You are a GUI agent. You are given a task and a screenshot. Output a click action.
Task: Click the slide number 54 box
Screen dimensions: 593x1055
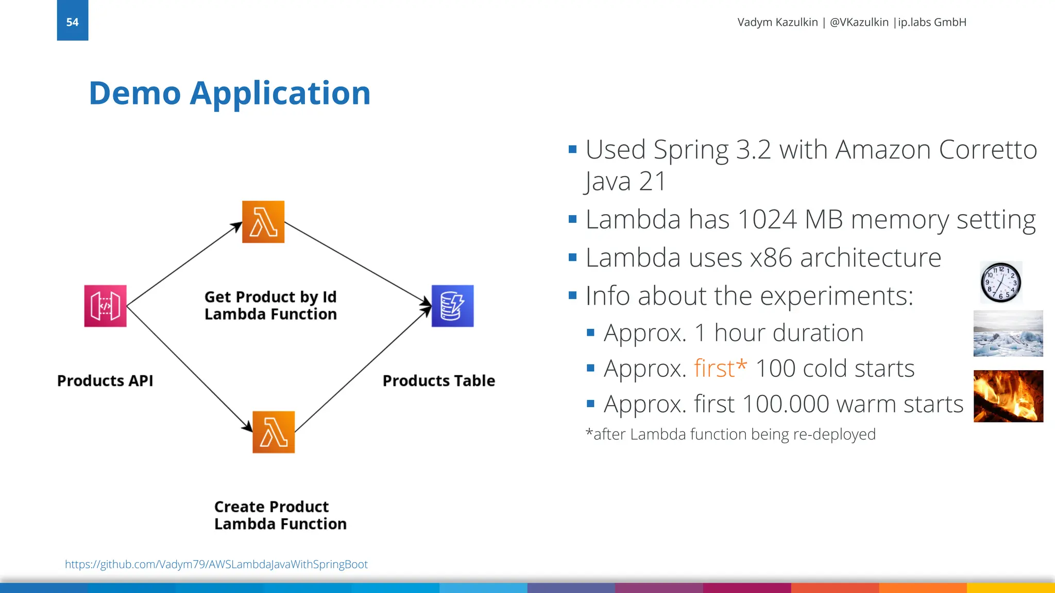pos(72,21)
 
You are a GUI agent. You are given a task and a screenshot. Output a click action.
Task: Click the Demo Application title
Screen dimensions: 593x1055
pos(229,93)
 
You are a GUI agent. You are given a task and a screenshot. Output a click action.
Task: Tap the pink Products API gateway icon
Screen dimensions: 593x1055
pos(105,306)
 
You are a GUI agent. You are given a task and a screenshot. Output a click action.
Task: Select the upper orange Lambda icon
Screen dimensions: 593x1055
pos(263,222)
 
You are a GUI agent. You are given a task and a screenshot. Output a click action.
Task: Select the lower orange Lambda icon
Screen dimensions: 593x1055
pos(274,432)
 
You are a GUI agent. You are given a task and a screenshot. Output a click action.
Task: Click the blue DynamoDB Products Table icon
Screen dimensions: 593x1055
pos(452,306)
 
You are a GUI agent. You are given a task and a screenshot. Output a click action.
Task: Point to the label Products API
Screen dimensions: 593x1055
pos(105,381)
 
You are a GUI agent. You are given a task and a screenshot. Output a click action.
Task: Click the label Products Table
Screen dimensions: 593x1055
pos(438,381)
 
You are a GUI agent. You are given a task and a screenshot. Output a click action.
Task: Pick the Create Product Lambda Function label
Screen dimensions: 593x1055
pos(280,515)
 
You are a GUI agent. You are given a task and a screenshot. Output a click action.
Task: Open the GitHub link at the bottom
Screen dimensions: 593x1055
pos(216,564)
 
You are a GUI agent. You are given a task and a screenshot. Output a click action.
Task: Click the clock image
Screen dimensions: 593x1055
pos(1000,282)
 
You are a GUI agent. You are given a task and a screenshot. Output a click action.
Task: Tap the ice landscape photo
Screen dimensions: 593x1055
pos(1008,334)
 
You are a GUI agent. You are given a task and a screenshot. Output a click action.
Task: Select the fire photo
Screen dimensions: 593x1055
pos(1008,396)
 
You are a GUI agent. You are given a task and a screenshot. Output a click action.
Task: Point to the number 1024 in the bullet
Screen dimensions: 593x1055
pos(767,220)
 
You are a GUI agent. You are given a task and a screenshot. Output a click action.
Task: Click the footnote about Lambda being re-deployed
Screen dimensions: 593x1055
pos(730,434)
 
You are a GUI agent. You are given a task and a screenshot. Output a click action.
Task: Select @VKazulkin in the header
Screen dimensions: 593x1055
pos(859,22)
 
